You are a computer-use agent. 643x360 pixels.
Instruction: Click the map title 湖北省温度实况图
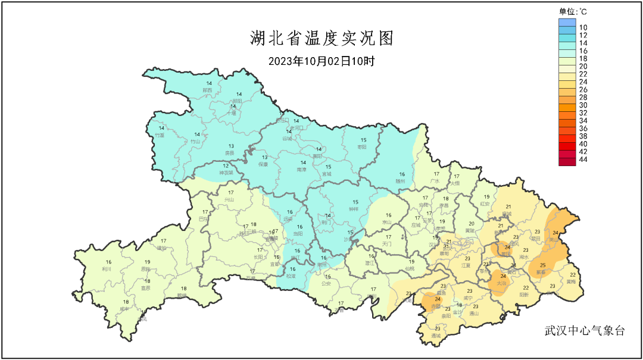click(x=321, y=39)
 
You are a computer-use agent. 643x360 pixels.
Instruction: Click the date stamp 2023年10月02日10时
click(x=321, y=61)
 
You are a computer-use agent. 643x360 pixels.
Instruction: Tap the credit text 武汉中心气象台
click(x=585, y=331)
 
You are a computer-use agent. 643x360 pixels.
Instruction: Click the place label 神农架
click(x=226, y=173)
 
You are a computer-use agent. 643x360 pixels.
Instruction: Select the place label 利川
click(x=108, y=269)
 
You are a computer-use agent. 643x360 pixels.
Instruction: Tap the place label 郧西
click(x=208, y=90)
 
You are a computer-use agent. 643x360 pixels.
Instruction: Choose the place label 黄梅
click(x=571, y=281)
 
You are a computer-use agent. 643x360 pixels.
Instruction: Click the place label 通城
click(x=436, y=336)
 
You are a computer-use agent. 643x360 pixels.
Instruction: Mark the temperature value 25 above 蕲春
click(x=542, y=265)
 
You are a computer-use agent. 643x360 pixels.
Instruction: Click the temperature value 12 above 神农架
click(x=226, y=165)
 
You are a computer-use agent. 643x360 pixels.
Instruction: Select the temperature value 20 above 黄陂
click(x=471, y=223)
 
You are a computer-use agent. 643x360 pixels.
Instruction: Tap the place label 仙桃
click(x=410, y=269)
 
